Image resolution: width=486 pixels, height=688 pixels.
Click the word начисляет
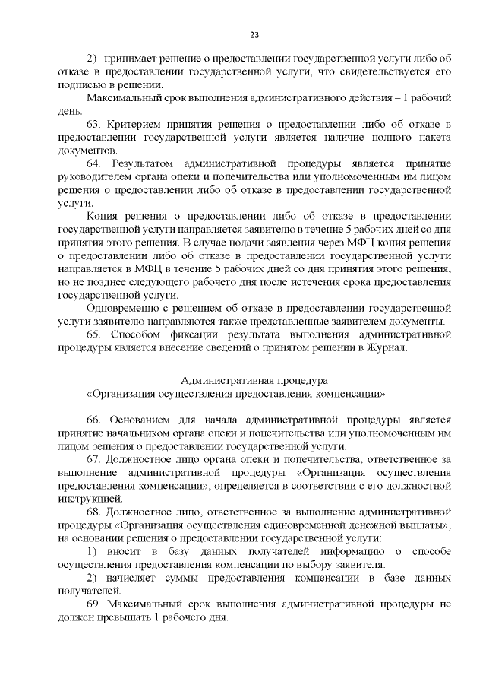(134, 579)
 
